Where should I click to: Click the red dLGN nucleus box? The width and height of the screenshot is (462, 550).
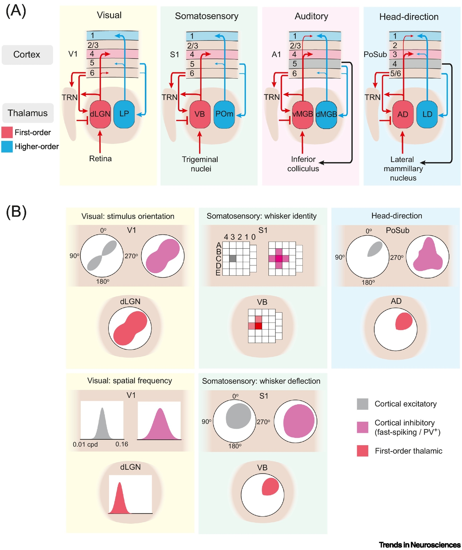click(100, 114)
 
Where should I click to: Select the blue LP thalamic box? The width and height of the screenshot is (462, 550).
click(124, 114)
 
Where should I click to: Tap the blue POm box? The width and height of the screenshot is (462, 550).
click(224, 114)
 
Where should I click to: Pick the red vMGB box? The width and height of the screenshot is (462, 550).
click(303, 114)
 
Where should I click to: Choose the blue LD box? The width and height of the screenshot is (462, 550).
click(427, 114)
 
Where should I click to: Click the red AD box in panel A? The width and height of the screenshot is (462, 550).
click(403, 114)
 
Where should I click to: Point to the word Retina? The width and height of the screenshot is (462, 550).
click(100, 159)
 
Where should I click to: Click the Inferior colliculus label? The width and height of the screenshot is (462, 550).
click(303, 164)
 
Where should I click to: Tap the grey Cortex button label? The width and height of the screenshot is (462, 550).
click(27, 55)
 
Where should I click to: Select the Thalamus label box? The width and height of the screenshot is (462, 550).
click(28, 113)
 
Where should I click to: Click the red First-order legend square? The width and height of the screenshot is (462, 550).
click(7, 132)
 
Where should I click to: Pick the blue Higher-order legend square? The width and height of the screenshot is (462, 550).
click(7, 147)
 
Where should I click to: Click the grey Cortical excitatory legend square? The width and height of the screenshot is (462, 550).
click(362, 404)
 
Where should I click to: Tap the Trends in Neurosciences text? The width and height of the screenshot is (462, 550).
click(419, 545)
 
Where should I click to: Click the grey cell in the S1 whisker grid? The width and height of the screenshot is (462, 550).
click(233, 258)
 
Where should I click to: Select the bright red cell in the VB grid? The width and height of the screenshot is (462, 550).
click(258, 326)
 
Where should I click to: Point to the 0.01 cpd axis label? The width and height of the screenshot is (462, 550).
click(85, 444)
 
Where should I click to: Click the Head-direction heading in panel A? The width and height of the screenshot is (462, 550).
click(409, 17)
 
